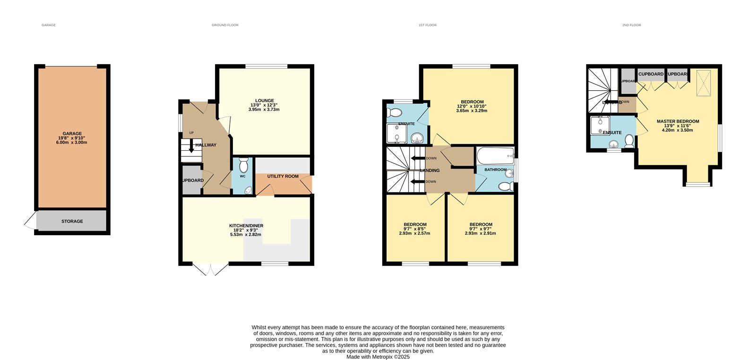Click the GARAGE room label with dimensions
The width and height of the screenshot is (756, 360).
click(x=72, y=138)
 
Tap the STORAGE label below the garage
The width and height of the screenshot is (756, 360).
click(x=72, y=221)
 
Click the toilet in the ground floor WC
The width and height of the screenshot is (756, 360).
click(x=243, y=165)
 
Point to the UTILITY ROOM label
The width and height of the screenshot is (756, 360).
click(x=283, y=176)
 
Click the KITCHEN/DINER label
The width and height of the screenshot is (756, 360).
click(x=246, y=230)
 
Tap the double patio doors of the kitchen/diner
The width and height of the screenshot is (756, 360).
click(x=210, y=269)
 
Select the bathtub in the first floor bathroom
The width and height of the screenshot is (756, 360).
click(x=495, y=155)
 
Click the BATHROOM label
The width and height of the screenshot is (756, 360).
click(x=495, y=170)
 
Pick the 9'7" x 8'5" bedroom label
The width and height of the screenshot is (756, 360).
click(x=414, y=229)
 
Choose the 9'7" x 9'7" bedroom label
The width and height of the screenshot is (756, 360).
click(x=481, y=229)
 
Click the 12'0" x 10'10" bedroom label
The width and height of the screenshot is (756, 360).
click(x=472, y=106)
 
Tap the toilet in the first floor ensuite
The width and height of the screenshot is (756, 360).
click(x=394, y=112)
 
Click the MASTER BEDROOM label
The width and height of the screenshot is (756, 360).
click(x=678, y=125)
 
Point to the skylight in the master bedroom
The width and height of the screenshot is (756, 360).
click(x=704, y=83)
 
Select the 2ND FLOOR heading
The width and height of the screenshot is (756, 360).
click(x=631, y=25)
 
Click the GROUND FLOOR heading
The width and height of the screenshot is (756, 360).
click(x=225, y=25)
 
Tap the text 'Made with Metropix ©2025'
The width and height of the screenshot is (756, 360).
click(x=378, y=357)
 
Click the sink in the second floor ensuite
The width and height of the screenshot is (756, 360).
click(x=613, y=144)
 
